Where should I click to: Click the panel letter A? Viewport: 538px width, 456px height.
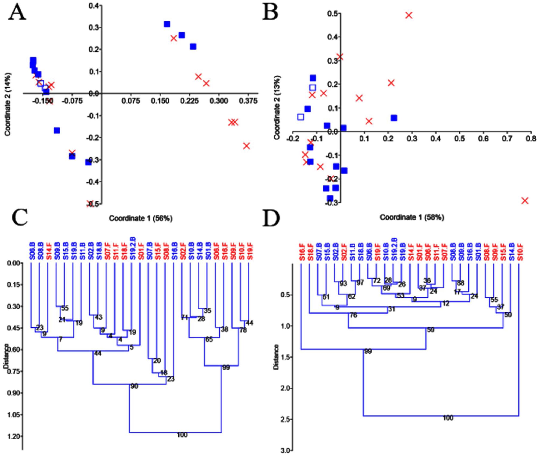[17, 12]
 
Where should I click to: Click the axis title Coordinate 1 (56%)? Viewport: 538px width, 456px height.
[141, 218]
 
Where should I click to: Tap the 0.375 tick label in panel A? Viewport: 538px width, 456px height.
[248, 101]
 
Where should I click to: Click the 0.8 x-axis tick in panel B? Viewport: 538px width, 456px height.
[531, 139]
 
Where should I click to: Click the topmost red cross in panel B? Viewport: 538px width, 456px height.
[408, 15]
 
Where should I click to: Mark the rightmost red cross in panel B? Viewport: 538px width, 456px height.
[525, 201]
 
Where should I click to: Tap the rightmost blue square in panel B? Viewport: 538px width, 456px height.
[394, 118]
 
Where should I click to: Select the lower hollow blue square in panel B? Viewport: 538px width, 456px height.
[301, 117]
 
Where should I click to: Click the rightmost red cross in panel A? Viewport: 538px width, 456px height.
[246, 146]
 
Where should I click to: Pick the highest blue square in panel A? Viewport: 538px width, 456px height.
[167, 24]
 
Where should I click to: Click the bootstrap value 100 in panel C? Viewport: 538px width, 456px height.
[182, 435]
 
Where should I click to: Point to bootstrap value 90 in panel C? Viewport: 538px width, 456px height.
[134, 386]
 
